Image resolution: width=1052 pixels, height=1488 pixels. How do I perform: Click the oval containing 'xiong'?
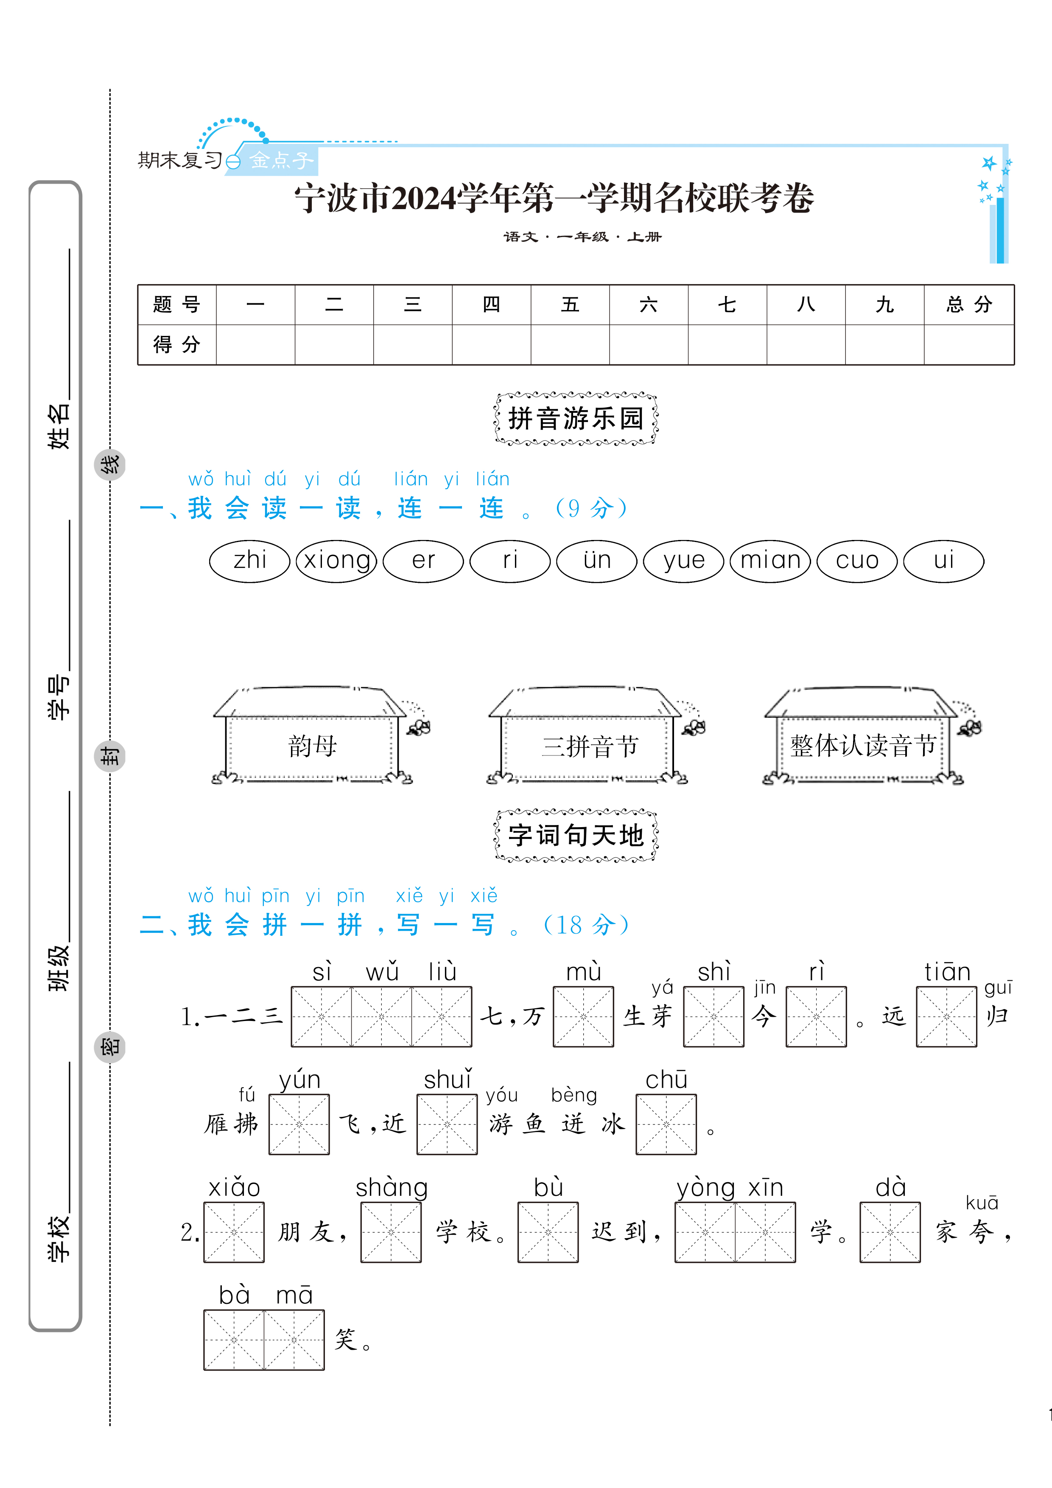(336, 561)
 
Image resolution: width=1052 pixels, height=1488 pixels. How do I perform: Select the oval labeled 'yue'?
(683, 561)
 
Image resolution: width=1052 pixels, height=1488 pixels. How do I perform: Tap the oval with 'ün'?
(597, 561)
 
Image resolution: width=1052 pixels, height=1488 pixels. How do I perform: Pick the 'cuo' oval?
(857, 561)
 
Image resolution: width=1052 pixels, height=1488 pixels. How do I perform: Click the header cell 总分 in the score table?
(968, 305)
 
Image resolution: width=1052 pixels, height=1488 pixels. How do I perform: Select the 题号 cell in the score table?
(176, 305)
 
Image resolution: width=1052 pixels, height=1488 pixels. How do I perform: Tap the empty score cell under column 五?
(570, 345)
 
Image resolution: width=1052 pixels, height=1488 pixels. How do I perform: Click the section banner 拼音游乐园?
(576, 419)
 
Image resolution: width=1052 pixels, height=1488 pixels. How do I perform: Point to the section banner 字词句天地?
(576, 835)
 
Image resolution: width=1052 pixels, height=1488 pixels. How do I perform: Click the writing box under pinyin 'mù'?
(583, 1017)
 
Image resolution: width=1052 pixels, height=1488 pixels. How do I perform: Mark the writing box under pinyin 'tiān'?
(946, 1017)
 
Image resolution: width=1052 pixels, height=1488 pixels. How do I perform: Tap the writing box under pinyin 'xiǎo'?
(234, 1232)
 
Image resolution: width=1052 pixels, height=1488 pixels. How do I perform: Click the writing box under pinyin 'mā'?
(294, 1340)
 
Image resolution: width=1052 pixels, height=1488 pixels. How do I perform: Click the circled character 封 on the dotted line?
(109, 756)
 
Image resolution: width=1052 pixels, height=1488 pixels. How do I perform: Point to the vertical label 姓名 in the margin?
(59, 426)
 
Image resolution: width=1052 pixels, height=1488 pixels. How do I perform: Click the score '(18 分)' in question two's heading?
(585, 925)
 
